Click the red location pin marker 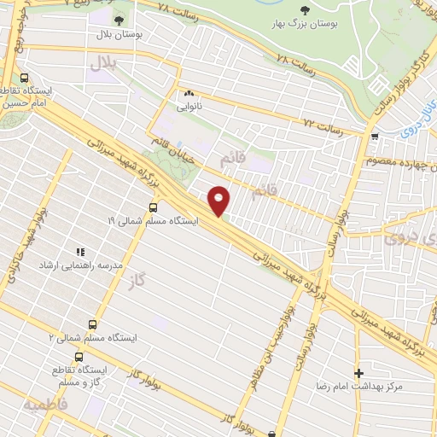click(x=220, y=201)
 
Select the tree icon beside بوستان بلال click(x=118, y=20)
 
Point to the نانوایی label click(x=189, y=108)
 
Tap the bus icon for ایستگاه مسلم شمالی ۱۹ click(x=153, y=207)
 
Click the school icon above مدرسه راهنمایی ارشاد click(x=81, y=252)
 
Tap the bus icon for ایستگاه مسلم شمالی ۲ click(x=92, y=323)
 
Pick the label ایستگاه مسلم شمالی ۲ click(x=86, y=337)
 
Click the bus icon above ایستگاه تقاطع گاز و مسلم click(x=79, y=357)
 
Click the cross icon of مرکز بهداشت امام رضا click(x=358, y=373)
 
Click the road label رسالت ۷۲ click(x=323, y=126)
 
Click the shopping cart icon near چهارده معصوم click(x=374, y=136)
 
